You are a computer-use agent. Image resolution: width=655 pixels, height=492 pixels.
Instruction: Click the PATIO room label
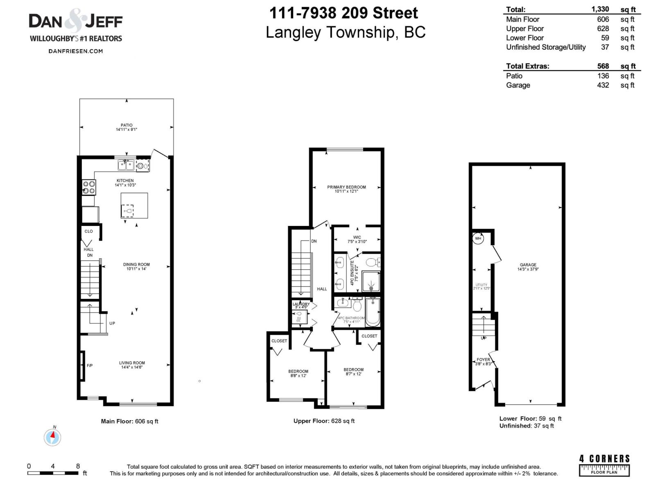(126, 125)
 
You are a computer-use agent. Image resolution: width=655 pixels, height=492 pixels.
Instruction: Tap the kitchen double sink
(126, 165)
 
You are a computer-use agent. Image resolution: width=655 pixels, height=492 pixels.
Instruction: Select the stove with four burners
(89, 187)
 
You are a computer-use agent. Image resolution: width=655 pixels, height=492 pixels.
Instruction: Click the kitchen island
(134, 205)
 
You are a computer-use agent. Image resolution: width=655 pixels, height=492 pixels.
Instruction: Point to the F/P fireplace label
(90, 365)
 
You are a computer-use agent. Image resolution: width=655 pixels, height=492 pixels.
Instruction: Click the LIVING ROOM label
(132, 363)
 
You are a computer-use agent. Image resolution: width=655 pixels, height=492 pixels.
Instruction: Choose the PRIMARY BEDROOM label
(346, 187)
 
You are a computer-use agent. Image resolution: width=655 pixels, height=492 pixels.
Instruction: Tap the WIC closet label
(357, 237)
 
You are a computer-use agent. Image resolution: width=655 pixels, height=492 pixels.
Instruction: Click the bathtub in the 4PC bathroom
(373, 312)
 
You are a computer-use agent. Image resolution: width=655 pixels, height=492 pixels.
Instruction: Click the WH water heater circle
(478, 238)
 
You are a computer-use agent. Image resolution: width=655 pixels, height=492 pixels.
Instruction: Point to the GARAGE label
(528, 265)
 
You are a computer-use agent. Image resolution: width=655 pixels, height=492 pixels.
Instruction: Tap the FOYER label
(483, 360)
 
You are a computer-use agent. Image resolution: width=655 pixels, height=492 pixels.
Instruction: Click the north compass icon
(52, 437)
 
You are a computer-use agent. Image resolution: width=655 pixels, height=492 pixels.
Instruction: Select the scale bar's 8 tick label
(78, 466)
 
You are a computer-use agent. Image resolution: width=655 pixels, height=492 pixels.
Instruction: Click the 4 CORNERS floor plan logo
(604, 465)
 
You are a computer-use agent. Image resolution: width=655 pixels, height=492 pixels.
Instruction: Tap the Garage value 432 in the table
(603, 85)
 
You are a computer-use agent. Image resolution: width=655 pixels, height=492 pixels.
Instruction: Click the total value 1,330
(600, 9)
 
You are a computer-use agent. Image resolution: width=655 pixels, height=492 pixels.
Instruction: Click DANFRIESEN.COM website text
(76, 51)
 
